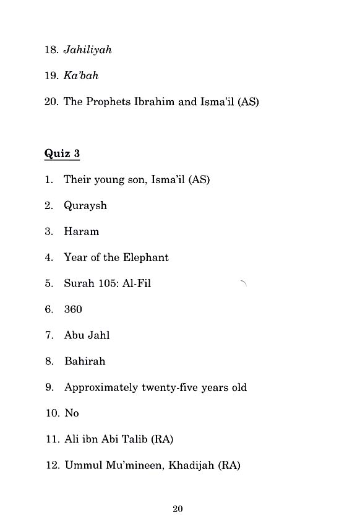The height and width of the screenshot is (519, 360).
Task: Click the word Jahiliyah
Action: point(87,50)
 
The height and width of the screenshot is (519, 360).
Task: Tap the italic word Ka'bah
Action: point(81,75)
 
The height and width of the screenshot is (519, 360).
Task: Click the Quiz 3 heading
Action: point(62,153)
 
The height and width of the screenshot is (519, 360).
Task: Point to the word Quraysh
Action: point(85,206)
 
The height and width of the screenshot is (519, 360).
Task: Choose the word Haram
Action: point(81,231)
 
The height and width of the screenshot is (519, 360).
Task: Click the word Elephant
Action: point(145,257)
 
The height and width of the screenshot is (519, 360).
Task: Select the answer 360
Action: point(73,309)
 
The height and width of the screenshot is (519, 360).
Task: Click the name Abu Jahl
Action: point(87,335)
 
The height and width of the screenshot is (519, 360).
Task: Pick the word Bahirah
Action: point(85,361)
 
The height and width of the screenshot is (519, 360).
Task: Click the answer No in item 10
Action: point(71,413)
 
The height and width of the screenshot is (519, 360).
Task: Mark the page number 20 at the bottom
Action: point(178,508)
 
